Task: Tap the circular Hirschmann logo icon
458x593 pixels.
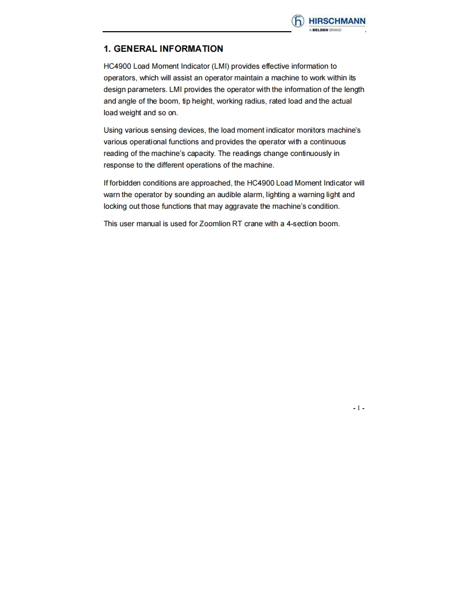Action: click(298, 21)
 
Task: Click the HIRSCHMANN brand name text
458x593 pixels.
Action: click(337, 21)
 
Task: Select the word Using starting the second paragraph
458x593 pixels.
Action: click(113, 130)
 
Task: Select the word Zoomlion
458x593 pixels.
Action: click(215, 224)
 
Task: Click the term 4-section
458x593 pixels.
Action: click(301, 224)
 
